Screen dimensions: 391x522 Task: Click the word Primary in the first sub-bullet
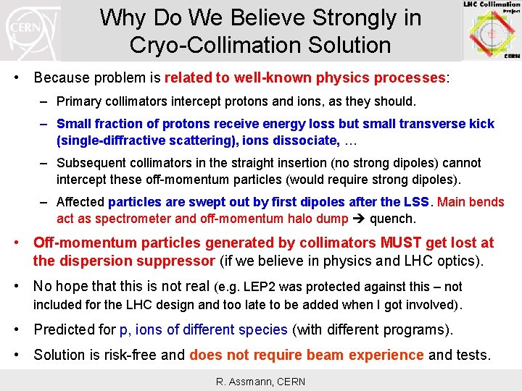click(x=78, y=101)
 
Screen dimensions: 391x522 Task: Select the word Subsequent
click(x=91, y=163)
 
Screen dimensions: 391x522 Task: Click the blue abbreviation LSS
click(x=418, y=202)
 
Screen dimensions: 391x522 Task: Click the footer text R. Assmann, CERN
click(x=260, y=381)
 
